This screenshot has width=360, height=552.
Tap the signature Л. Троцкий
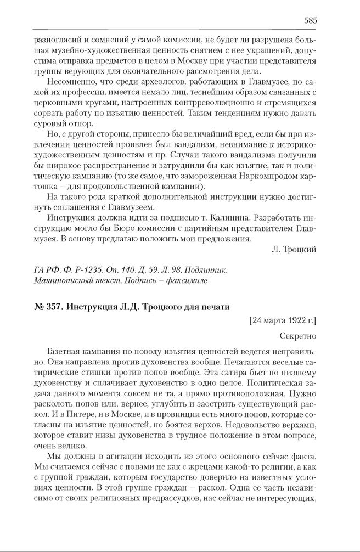(294, 249)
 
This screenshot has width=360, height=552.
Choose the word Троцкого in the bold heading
(152, 306)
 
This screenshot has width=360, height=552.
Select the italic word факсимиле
(187, 281)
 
